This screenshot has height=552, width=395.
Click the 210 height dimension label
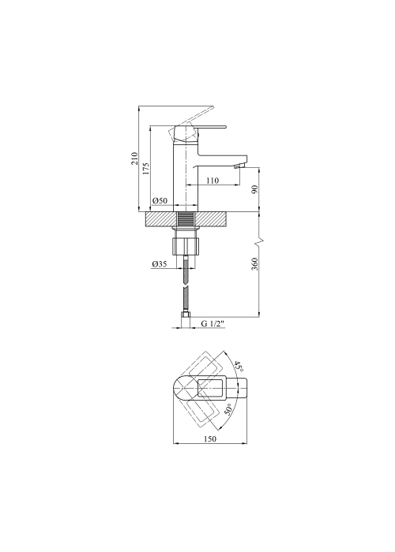(x=134, y=159)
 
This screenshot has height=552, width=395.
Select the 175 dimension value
(x=146, y=169)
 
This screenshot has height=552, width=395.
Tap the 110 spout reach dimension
(x=213, y=181)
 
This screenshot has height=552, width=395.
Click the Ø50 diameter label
(x=160, y=201)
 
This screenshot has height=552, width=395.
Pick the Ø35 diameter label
(x=160, y=264)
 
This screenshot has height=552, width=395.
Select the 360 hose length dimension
(x=255, y=264)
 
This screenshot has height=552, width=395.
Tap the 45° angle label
(x=239, y=367)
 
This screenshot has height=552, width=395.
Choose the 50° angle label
(x=228, y=409)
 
